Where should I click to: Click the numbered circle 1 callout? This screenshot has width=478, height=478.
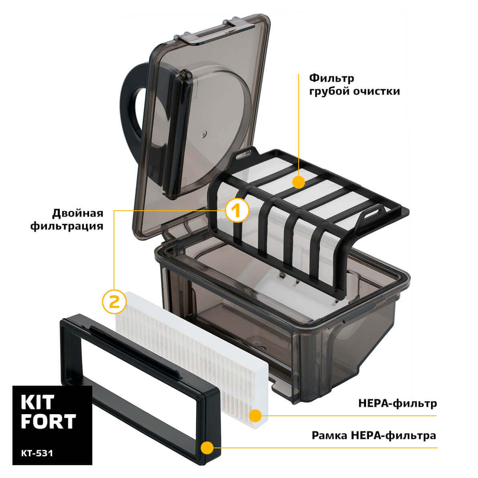(x=236, y=210)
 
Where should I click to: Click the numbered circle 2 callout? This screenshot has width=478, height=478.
(x=114, y=301)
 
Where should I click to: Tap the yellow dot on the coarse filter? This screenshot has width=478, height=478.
(x=298, y=182)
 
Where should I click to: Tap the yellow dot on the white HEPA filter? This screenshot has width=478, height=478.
(x=255, y=416)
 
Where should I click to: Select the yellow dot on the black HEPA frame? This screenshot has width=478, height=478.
(x=207, y=447)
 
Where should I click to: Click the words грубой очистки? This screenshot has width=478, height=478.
(x=354, y=91)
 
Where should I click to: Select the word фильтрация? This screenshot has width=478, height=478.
(x=67, y=226)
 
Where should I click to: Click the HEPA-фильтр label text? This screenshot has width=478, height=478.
(x=397, y=403)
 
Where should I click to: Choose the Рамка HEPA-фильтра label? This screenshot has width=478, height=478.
(x=374, y=435)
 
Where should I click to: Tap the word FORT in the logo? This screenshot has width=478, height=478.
(x=48, y=421)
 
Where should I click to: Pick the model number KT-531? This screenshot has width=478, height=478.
(x=37, y=453)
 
